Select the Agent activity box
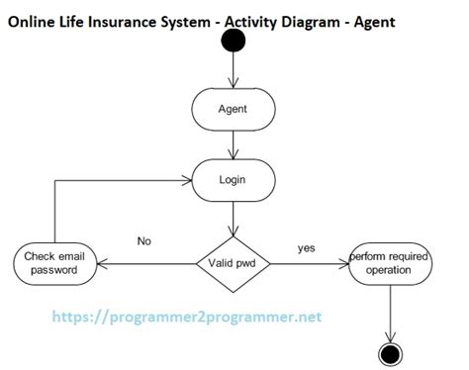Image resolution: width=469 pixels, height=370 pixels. tap(233, 109)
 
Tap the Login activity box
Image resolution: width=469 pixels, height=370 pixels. tap(233, 180)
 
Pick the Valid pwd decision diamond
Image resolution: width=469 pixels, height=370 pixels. tap(233, 264)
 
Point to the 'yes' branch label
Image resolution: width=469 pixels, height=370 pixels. tap(306, 247)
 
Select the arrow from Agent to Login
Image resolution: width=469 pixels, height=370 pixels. tap(233, 144)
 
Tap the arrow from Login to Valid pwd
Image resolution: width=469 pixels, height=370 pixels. tap(233, 216)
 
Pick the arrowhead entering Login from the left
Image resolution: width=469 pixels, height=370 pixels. tap(186, 180)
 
